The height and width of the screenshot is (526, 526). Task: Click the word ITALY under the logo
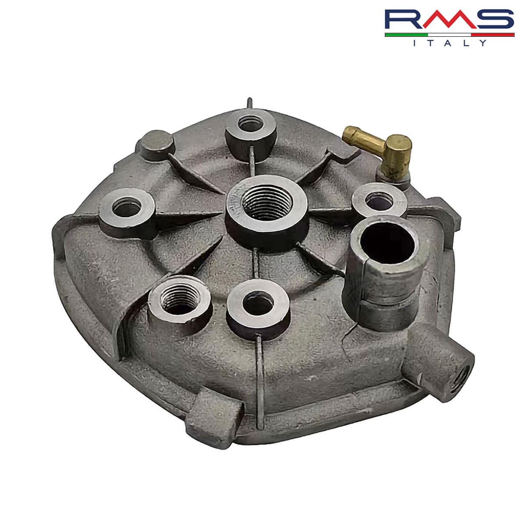[x=450, y=43]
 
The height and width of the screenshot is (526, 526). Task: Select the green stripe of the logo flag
[x=405, y=34]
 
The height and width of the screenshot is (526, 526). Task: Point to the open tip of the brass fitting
[x=348, y=131]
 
